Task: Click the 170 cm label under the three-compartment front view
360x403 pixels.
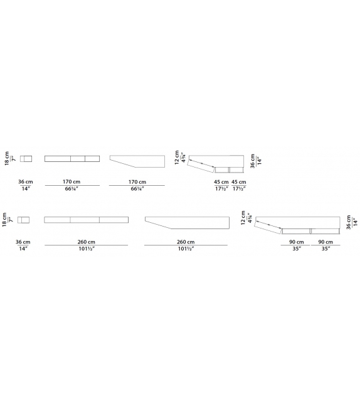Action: pos(71,181)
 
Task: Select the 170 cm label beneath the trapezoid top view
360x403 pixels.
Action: pos(137,182)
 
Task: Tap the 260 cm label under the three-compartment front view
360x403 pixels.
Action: pos(87,242)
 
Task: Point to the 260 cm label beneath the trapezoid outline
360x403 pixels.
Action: pos(186,242)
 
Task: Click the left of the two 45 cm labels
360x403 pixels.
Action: pos(221,182)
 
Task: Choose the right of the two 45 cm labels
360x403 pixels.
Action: pos(239,182)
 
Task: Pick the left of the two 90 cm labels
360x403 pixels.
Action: pos(297,242)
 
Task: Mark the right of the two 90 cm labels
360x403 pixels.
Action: pos(326,242)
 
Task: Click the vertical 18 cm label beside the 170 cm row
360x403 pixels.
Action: pos(6,158)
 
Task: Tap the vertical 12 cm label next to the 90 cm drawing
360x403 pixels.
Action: pos(243,218)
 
